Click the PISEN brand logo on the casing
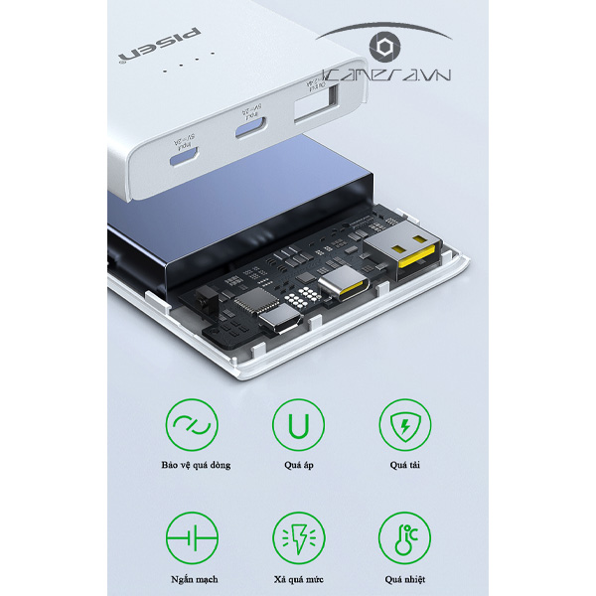pyautogui.click(x=160, y=45)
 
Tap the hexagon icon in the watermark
pyautogui.click(x=382, y=48)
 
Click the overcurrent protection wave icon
pyautogui.click(x=193, y=425)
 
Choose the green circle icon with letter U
pyautogui.click(x=298, y=425)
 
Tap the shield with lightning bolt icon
pyautogui.click(x=404, y=425)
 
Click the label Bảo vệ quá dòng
pyautogui.click(x=193, y=465)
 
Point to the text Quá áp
pyautogui.click(x=298, y=465)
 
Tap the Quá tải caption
pyautogui.click(x=404, y=465)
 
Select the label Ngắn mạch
pyautogui.click(x=193, y=579)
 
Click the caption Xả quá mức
pyautogui.click(x=298, y=579)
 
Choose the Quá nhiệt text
pyautogui.click(x=404, y=579)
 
